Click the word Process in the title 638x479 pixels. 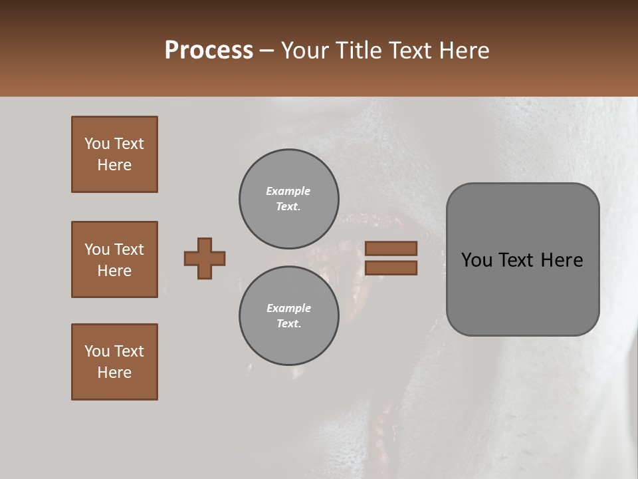point(209,51)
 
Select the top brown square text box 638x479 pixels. point(114,154)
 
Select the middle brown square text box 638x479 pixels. point(114,259)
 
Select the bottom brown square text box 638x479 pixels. point(114,362)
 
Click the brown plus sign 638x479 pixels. point(205,258)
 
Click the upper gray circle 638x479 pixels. point(288,199)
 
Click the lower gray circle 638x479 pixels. point(288,316)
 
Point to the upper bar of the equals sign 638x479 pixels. point(391,248)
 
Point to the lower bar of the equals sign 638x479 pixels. point(391,268)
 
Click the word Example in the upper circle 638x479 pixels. point(288,191)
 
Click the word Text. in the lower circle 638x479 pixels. point(288,324)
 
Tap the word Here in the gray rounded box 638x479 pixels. point(562,260)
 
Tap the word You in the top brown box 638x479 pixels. point(96,144)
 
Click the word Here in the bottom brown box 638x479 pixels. point(114,373)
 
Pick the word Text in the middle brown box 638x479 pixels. point(128,249)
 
